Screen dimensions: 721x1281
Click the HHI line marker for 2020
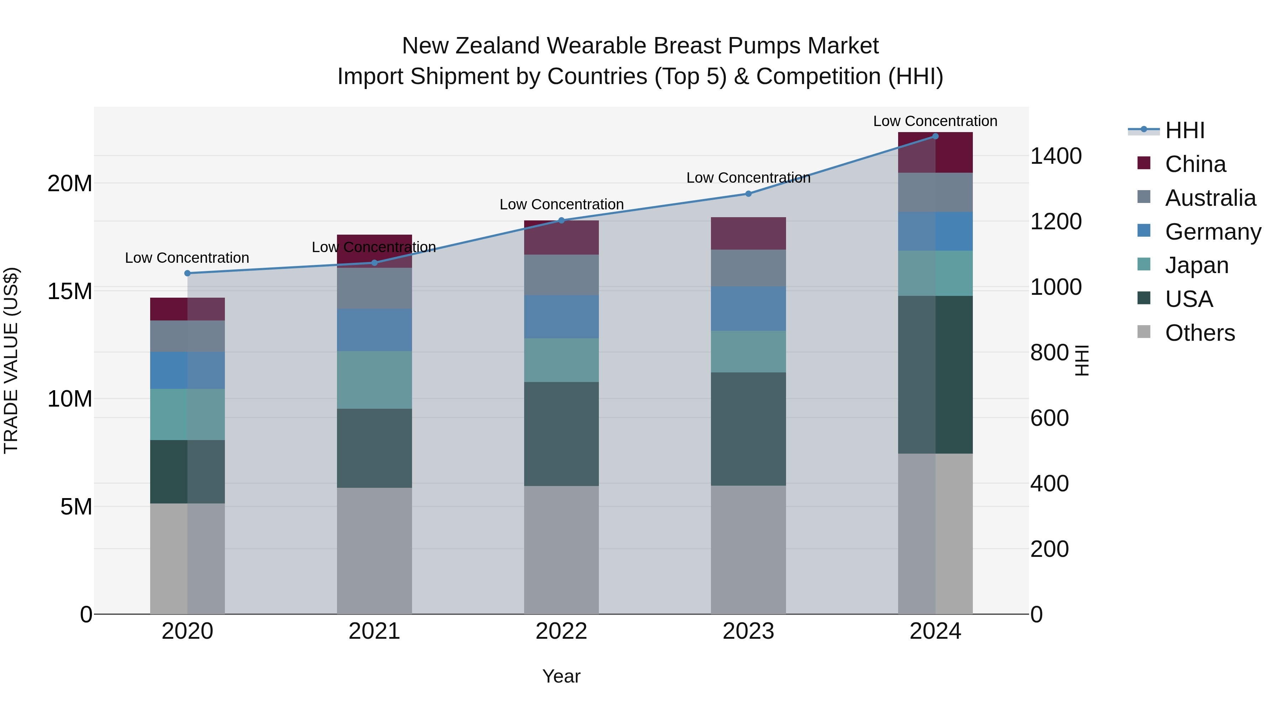click(188, 273)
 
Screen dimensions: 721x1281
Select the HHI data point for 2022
click(562, 220)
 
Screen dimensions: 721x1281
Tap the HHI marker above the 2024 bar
click(935, 136)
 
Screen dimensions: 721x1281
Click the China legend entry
click(1195, 164)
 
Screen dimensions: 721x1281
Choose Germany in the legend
click(1212, 232)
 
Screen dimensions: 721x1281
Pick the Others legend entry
click(1200, 333)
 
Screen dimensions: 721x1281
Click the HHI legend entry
click(1185, 130)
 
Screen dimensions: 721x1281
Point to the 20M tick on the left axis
click(70, 184)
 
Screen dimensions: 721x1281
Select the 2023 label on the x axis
click(748, 631)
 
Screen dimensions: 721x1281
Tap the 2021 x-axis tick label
click(374, 631)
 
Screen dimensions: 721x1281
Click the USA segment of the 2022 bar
click(562, 434)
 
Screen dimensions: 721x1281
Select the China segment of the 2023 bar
click(748, 233)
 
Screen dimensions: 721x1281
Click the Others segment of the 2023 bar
click(748, 549)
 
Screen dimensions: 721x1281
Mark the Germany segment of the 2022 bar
click(562, 317)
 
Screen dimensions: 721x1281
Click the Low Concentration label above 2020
click(187, 258)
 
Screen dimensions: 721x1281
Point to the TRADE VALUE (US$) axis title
click(11, 361)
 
